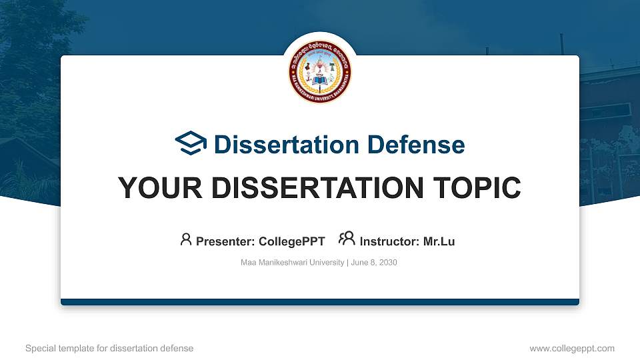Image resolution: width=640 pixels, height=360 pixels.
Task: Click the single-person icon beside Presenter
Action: coord(186,239)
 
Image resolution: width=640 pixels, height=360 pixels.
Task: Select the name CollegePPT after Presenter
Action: coord(293,241)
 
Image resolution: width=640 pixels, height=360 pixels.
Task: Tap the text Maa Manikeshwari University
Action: coord(292,263)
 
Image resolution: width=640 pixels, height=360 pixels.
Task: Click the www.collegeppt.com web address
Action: coord(572,348)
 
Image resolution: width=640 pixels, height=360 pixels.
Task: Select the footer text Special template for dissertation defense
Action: coord(109,348)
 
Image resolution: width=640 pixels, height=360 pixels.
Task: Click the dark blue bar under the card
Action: coord(320,302)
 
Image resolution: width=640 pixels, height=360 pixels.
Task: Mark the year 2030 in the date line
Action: coord(388,263)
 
